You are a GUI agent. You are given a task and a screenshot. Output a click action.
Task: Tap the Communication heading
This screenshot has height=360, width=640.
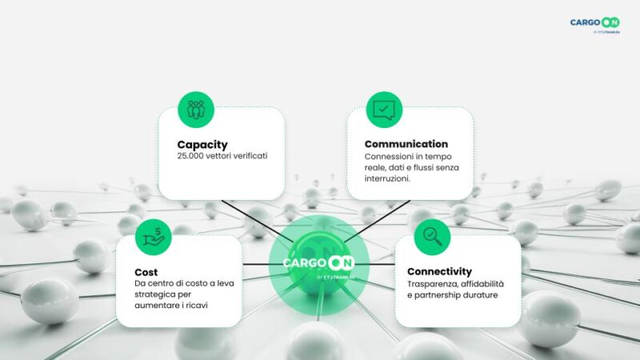click(406, 144)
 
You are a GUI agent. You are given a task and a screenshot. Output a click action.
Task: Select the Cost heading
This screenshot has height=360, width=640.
click(146, 272)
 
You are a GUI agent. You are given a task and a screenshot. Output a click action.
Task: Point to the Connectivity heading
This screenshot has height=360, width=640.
click(439, 271)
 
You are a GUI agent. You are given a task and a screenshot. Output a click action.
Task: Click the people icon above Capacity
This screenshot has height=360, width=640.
click(194, 108)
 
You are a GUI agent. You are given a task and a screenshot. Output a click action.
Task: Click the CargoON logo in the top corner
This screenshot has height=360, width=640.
click(596, 23)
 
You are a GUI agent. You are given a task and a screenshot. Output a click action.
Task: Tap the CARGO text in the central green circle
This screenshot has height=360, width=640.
click(302, 262)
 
